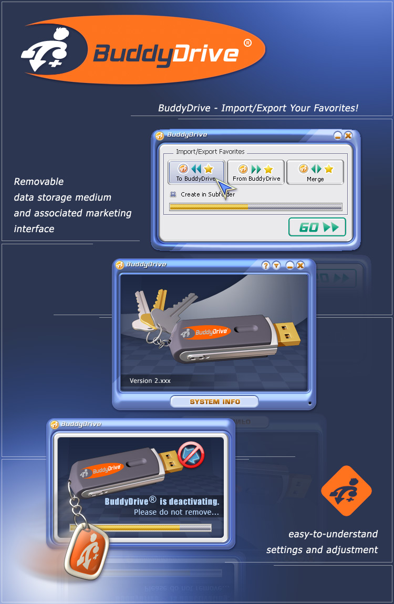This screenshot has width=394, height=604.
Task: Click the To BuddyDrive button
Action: point(196,172)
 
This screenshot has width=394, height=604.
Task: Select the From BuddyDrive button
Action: point(256,172)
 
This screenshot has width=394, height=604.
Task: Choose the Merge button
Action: point(315,172)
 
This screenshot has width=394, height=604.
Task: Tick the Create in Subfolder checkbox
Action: point(173,194)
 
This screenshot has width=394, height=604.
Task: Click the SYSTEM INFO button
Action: point(214,402)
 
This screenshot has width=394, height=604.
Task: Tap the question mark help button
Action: point(266,265)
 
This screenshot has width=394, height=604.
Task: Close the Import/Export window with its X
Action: point(348,136)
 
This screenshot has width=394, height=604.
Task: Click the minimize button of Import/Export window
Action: point(338,136)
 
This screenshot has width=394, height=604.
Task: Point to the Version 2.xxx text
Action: point(150,381)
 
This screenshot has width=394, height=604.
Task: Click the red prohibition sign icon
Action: point(191,454)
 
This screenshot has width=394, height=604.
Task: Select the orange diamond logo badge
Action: point(346,491)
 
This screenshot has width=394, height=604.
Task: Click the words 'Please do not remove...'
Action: point(176,512)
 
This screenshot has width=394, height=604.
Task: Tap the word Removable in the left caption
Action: point(39,182)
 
